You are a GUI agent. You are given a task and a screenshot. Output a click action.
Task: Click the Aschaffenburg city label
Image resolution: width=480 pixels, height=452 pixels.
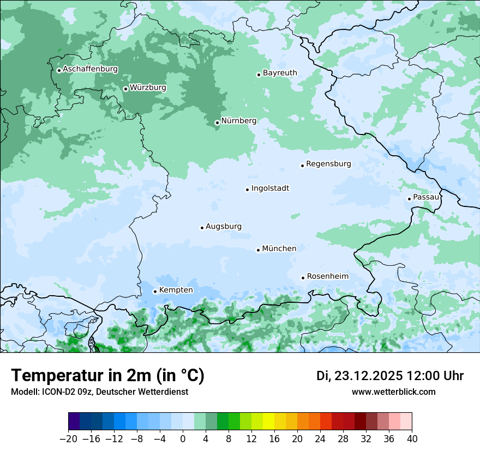pyautogui.click(x=90, y=69)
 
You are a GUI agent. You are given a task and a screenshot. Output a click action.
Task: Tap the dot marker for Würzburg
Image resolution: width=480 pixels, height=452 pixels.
pyautogui.click(x=125, y=89)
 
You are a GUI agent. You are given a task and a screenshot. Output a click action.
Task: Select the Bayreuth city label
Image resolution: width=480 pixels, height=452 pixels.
pyautogui.click(x=280, y=73)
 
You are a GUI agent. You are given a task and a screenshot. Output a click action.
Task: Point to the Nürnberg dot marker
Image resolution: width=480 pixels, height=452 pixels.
pyautogui.click(x=217, y=123)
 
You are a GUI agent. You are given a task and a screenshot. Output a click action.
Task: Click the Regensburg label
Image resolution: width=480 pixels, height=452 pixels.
pyautogui.click(x=328, y=164)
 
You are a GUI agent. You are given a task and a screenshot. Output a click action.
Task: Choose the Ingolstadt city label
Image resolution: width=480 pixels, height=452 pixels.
pyautogui.click(x=270, y=188)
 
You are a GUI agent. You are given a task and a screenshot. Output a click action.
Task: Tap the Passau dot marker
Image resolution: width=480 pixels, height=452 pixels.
pyautogui.click(x=409, y=199)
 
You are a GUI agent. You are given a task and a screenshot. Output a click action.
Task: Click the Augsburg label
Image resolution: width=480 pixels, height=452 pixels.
pyautogui.click(x=223, y=227)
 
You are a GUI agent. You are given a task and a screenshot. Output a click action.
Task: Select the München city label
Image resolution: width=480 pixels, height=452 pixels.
pyautogui.click(x=279, y=249)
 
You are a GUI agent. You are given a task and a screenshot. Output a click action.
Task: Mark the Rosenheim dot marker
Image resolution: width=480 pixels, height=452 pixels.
pyautogui.click(x=303, y=278)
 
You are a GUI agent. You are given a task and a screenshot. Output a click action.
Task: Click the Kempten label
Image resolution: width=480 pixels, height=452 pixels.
pyautogui.click(x=176, y=290)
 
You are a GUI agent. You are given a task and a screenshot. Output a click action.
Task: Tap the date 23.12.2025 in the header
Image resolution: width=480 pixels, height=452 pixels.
pyautogui.click(x=368, y=376)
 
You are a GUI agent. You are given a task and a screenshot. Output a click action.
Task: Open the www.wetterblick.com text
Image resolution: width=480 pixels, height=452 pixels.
pyautogui.click(x=393, y=392)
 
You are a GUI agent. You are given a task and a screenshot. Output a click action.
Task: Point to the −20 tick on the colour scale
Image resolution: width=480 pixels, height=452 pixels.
pyautogui.click(x=68, y=438)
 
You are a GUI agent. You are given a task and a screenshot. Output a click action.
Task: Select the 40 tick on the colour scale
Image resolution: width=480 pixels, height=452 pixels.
pyautogui.click(x=412, y=438)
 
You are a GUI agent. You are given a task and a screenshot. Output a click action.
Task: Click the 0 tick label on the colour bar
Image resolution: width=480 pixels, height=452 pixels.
pyautogui.click(x=183, y=438)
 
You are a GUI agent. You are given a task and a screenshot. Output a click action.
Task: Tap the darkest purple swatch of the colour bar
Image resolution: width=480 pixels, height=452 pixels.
pyautogui.click(x=74, y=422)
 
